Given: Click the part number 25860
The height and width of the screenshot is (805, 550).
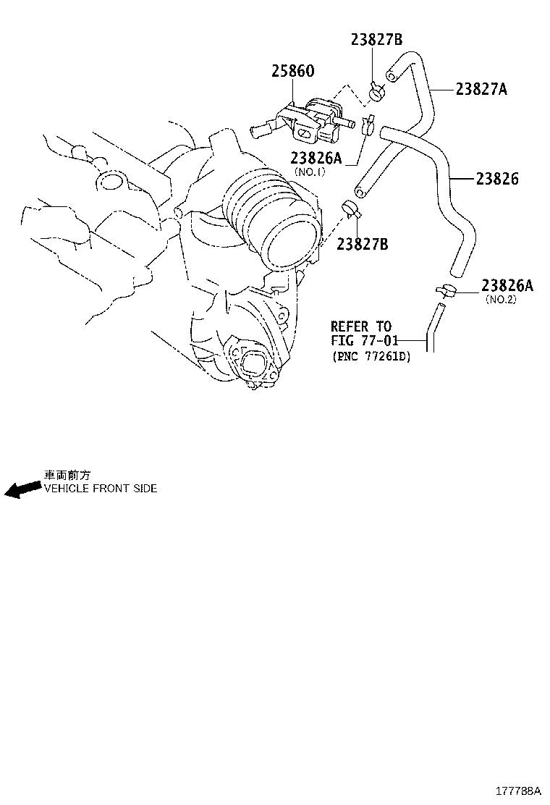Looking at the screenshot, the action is (292, 71).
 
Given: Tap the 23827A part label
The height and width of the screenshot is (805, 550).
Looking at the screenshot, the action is (481, 89).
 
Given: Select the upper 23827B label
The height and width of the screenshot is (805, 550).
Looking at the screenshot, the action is (376, 39).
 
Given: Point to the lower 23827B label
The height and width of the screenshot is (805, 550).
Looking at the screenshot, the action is (363, 244).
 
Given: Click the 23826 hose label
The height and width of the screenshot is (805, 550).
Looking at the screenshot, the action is (497, 179).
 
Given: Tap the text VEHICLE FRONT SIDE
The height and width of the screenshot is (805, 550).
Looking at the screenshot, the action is (101, 488).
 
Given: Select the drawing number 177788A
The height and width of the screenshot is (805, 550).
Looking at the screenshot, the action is (518, 790).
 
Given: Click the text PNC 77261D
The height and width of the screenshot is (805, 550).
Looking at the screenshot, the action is (371, 355).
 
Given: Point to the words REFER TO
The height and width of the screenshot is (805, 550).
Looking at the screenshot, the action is (360, 326).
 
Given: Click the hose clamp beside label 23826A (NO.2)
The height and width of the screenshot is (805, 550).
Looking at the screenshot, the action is (445, 291).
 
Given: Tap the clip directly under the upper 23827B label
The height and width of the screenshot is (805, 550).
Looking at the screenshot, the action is (377, 93).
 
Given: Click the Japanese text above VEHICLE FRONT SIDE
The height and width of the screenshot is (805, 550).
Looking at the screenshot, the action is (67, 476).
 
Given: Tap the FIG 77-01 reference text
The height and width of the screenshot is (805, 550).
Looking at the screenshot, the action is (364, 340).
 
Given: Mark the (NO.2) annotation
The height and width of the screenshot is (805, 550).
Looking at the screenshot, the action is (501, 299).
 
